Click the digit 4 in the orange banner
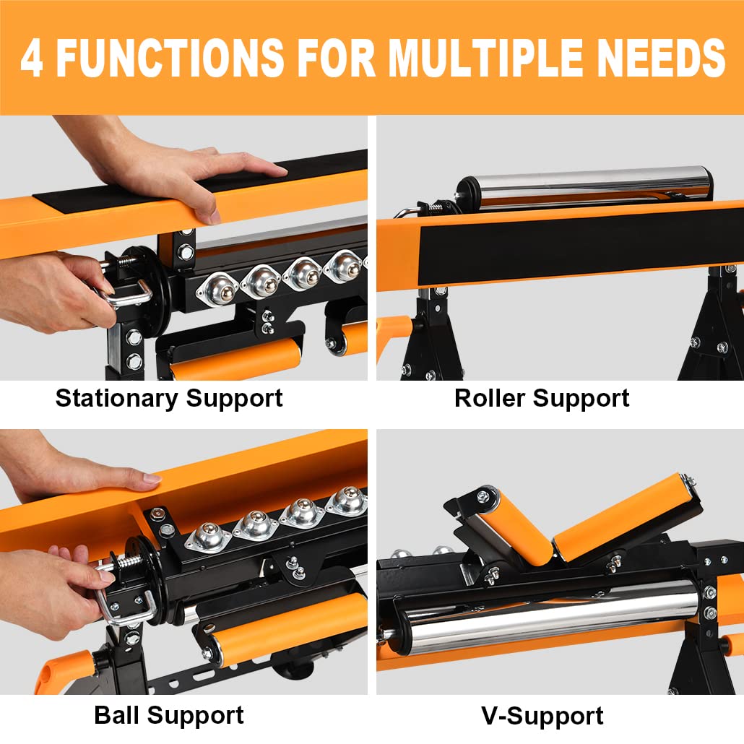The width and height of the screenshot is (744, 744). point(33,58)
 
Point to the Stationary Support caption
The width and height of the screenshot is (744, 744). point(169,398)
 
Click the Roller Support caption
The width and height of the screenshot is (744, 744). point(542,398)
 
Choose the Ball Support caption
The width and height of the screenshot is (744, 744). point(169,716)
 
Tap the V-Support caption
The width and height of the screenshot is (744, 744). point(542,716)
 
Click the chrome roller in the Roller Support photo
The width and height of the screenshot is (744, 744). point(585,186)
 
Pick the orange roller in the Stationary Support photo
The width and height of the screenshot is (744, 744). point(238,359)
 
